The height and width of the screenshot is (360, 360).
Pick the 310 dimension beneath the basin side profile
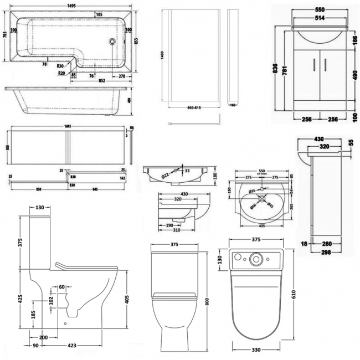176,228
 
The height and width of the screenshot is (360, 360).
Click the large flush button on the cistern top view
256,259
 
